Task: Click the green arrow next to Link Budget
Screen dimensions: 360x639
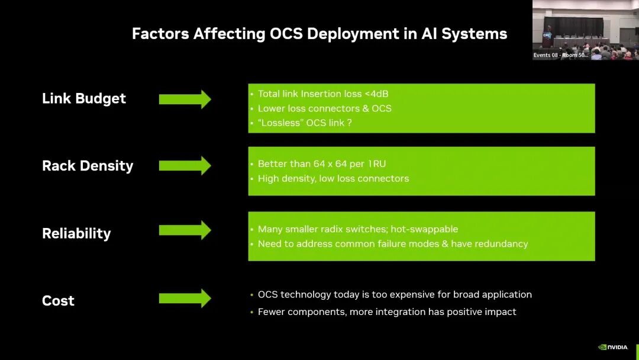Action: (185, 99)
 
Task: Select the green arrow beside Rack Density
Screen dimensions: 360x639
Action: (185, 166)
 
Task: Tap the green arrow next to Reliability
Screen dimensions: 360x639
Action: (185, 230)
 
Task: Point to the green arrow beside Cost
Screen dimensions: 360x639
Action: (185, 298)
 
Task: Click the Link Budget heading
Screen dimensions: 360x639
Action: (84, 99)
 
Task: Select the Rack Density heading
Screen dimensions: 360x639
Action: (88, 166)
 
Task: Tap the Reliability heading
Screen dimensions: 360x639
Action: (76, 233)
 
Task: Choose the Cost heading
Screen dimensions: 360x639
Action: (58, 301)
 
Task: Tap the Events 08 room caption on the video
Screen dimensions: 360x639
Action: (560, 55)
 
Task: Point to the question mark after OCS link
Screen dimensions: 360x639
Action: (350, 123)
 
